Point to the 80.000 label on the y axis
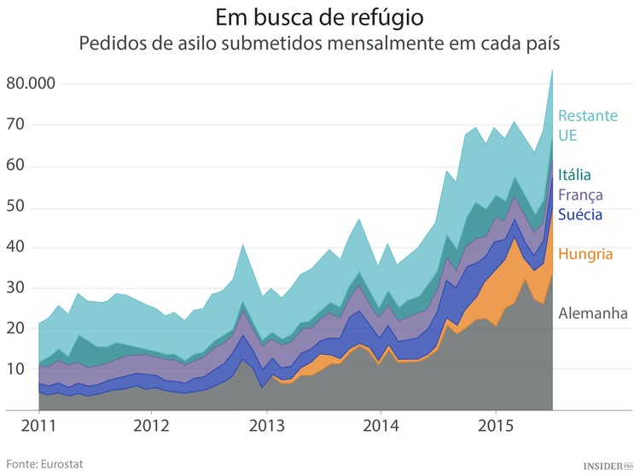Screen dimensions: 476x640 click(30, 84)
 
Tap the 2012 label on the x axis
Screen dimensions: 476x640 click(152, 425)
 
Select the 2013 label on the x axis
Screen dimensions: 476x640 click(266, 425)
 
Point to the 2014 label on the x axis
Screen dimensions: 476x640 click(381, 425)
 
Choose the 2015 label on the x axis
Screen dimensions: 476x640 click(496, 425)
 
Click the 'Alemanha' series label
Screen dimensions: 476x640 click(593, 314)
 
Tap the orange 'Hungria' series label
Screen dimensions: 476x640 click(585, 253)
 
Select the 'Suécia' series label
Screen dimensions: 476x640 click(580, 214)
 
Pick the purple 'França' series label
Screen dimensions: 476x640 click(580, 194)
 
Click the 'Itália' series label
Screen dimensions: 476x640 click(574, 175)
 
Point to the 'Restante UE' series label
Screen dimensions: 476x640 click(587, 125)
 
